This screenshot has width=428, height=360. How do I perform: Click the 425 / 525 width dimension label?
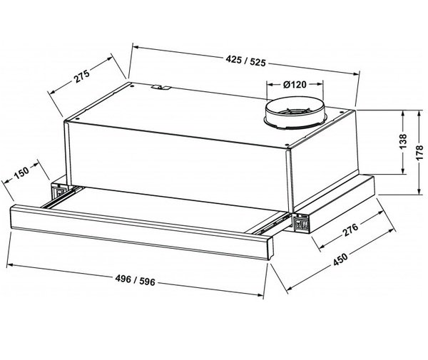coord(245,61)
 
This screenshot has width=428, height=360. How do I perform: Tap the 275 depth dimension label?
coord(82,76)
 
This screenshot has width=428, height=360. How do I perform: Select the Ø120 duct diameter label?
coord(295,85)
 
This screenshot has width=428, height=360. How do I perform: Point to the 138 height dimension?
coord(403,141)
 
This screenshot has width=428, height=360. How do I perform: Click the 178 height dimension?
coord(419,153)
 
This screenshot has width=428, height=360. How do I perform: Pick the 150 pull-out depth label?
coord(21,173)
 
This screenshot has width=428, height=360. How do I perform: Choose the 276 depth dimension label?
coord(350,230)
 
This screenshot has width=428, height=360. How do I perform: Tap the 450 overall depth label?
coord(340,259)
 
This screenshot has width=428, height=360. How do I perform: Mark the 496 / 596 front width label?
coord(135,280)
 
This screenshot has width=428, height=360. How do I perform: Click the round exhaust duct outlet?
coord(295,113)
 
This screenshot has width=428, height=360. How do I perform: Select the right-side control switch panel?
coord(301,223)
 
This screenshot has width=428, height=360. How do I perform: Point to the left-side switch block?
coord(59,191)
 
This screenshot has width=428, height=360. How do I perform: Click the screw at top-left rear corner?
coord(132,86)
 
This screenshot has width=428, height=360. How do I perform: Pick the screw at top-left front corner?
coord(77,120)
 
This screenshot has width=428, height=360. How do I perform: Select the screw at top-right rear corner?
coord(341,111)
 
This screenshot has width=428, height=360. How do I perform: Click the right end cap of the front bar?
coord(269,248)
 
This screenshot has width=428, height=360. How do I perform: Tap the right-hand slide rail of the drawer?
coord(272,225)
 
